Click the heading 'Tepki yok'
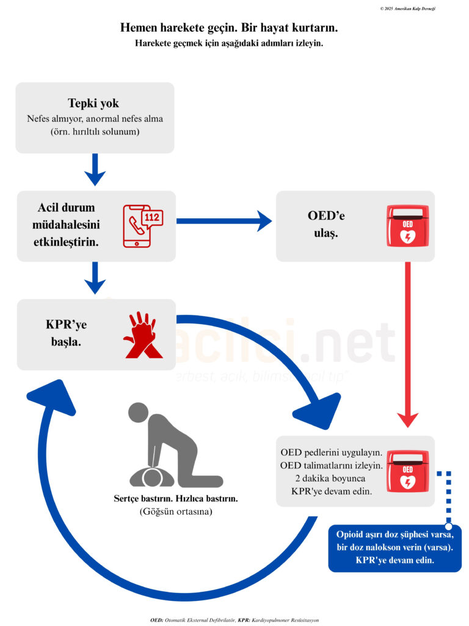click(x=93, y=103)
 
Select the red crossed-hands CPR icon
click(x=142, y=335)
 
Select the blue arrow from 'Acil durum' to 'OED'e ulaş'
click(x=224, y=221)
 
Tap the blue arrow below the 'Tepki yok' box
click(x=95, y=169)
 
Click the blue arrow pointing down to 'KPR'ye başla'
click(x=95, y=278)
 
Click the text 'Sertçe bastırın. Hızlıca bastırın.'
click(x=175, y=499)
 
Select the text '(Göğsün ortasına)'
click(x=175, y=512)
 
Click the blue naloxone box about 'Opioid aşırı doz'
click(x=394, y=548)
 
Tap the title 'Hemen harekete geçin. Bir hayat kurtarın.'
click(x=229, y=28)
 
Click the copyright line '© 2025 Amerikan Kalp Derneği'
click(x=407, y=9)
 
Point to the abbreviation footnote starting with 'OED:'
click(x=234, y=619)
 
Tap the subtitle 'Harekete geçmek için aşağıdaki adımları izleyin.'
click(x=229, y=43)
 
